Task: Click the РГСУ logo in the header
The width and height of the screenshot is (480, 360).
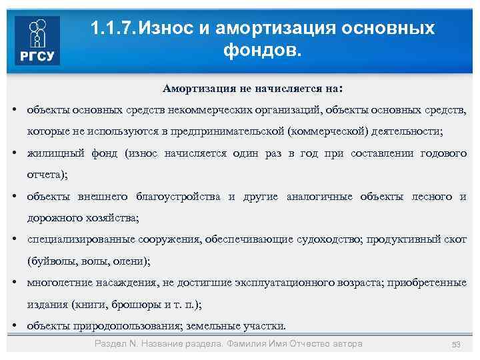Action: point(38,41)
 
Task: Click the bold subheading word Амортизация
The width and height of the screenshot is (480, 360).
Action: point(199,89)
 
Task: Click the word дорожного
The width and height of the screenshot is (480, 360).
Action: point(51,218)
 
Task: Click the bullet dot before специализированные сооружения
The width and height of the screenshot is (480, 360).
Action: point(14,239)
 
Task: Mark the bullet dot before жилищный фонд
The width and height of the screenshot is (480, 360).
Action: point(14,153)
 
